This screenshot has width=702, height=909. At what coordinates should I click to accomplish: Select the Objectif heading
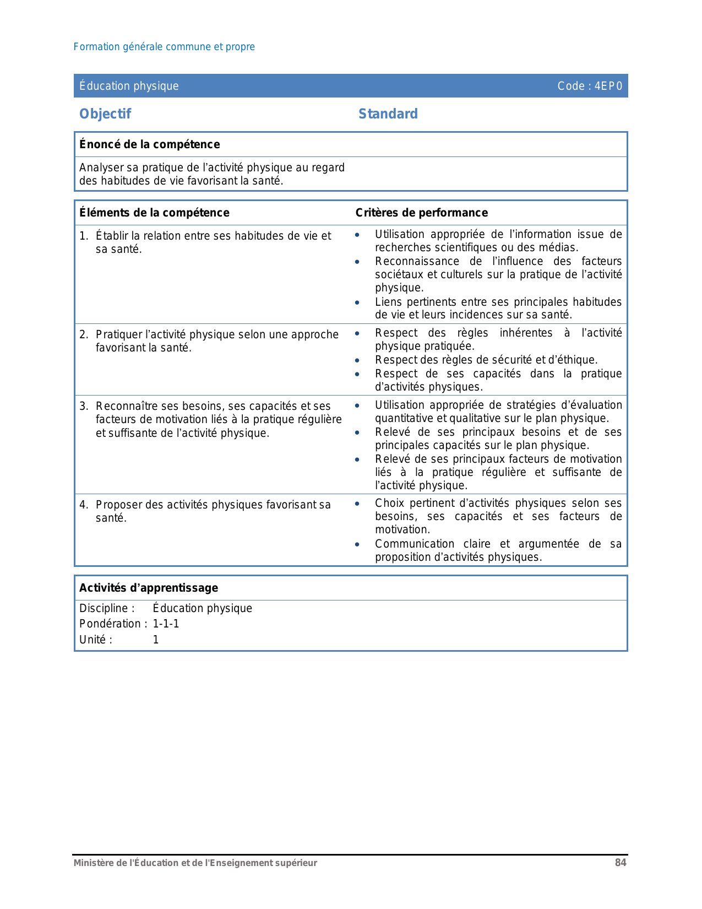pyautogui.click(x=105, y=114)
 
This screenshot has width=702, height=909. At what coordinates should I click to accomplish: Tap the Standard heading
pyautogui.click(x=388, y=114)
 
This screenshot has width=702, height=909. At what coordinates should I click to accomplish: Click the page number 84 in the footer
pyautogui.click(x=621, y=863)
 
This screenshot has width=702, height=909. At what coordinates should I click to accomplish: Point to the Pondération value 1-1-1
pyautogui.click(x=166, y=624)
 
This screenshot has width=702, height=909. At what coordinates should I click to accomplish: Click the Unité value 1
pyautogui.click(x=156, y=640)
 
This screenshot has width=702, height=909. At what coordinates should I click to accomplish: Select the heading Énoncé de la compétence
pyautogui.click(x=149, y=144)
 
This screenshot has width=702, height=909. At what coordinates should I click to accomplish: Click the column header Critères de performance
pyautogui.click(x=421, y=213)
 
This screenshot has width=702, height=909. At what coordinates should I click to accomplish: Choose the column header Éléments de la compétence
pyautogui.click(x=154, y=213)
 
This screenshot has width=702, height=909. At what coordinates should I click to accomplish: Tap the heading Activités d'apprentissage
pyautogui.click(x=149, y=588)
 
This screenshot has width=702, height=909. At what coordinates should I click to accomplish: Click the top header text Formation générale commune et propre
pyautogui.click(x=164, y=47)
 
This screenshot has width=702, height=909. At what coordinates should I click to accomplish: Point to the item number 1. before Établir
pyautogui.click(x=84, y=236)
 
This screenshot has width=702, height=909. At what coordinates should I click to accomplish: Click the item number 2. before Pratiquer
pyautogui.click(x=84, y=334)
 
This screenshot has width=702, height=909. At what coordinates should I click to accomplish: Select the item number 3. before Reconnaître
pyautogui.click(x=84, y=406)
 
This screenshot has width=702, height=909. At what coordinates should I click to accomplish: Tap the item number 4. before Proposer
pyautogui.click(x=84, y=505)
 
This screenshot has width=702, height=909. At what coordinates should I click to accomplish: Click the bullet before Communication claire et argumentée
pyautogui.click(x=357, y=544)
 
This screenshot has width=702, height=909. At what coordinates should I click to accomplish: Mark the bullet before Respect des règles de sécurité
pyautogui.click(x=357, y=360)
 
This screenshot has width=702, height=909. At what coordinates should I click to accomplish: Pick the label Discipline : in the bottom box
pyautogui.click(x=107, y=608)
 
